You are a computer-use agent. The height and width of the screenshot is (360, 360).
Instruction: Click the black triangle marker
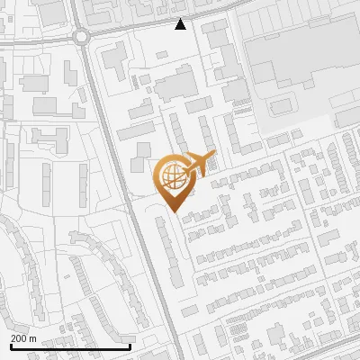point(180,24)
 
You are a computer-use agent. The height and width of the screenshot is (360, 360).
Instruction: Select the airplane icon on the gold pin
point(198,164)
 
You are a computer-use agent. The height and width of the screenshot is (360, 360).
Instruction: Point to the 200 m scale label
point(23,338)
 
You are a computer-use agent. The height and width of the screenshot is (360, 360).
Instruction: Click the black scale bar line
point(70,346)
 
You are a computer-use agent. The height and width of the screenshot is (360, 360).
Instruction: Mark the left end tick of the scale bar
point(11,345)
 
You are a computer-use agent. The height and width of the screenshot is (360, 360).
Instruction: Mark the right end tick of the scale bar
point(130,345)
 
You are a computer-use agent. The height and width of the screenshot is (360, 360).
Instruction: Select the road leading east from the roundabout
point(135,30)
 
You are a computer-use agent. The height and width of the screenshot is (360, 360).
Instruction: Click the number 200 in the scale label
point(19,338)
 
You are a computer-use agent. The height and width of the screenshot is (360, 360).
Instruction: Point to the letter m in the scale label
point(32,338)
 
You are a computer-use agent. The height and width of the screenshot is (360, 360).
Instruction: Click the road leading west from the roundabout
point(36,41)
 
